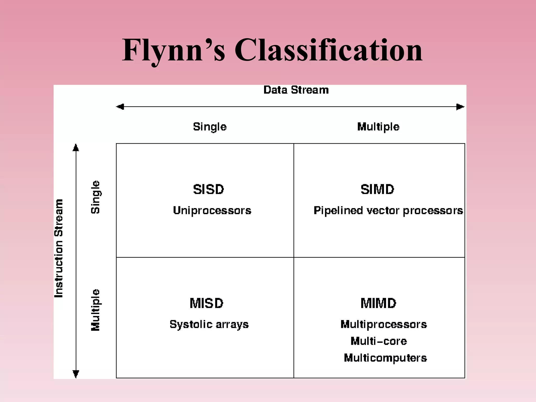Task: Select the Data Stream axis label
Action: click(296, 90)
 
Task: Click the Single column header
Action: click(210, 127)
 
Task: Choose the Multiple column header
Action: click(378, 127)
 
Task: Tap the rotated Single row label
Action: click(96, 197)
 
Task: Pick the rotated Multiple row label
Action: click(96, 310)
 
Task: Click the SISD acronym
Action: click(209, 189)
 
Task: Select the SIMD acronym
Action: click(377, 189)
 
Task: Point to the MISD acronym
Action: click(206, 303)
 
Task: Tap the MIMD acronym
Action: click(378, 303)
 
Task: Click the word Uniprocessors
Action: click(212, 210)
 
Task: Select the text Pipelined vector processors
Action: click(388, 210)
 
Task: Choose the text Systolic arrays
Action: click(209, 325)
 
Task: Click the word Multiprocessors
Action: click(384, 325)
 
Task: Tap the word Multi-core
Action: click(379, 341)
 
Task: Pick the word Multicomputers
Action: click(385, 358)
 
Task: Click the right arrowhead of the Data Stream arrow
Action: click(460, 107)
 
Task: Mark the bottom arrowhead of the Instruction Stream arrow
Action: click(76, 374)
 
